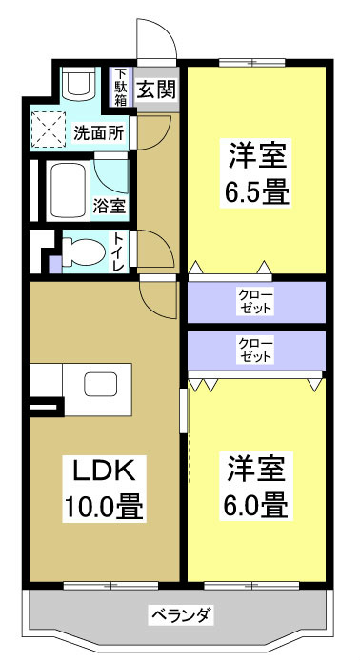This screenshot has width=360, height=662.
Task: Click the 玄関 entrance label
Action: [156, 90]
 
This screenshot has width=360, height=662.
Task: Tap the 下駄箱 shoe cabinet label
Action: [121, 88]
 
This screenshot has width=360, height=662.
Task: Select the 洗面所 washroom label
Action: [99, 132]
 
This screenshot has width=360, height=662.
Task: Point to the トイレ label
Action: [119, 251]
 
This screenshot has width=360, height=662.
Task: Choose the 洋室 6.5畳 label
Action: [257, 171]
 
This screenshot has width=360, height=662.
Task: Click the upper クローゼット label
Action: [255, 301]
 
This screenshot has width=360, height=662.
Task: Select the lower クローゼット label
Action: [255, 350]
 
